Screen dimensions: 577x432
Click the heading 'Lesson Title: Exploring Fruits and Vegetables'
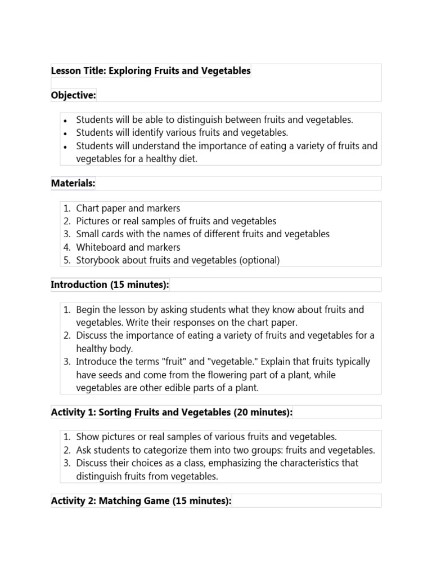tap(151, 71)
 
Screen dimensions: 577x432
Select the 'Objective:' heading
tap(74, 95)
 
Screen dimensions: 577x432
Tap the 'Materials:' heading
tap(73, 183)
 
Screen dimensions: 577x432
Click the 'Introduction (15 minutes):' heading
tap(110, 285)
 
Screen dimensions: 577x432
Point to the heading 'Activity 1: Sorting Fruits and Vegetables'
tap(172, 412)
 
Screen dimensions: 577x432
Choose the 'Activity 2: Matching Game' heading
tap(141, 501)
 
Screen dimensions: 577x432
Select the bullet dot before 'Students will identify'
tap(65, 134)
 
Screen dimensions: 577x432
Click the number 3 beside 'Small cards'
tap(66, 234)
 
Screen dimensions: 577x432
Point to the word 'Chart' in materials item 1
tap(88, 208)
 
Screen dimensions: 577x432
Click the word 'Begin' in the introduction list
tap(88, 310)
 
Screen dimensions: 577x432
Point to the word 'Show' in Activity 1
tap(87, 437)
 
